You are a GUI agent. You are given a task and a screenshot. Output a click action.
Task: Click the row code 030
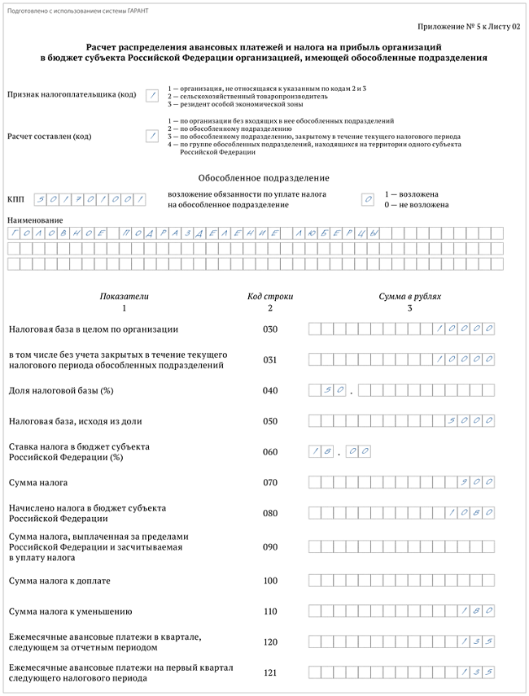(270, 329)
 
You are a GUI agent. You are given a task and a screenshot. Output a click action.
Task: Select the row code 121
(270, 672)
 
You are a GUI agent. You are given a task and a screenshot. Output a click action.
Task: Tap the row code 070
(270, 483)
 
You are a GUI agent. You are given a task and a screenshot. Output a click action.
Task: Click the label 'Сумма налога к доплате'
(59, 581)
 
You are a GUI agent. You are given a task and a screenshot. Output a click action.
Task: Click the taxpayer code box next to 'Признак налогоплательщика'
(151, 95)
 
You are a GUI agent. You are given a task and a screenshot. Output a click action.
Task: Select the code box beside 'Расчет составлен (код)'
(151, 136)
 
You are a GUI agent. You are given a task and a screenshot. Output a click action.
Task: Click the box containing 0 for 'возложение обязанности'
(368, 199)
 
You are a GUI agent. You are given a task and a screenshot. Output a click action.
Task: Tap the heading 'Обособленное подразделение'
(264, 177)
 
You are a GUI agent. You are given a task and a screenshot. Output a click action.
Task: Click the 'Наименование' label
(34, 220)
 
